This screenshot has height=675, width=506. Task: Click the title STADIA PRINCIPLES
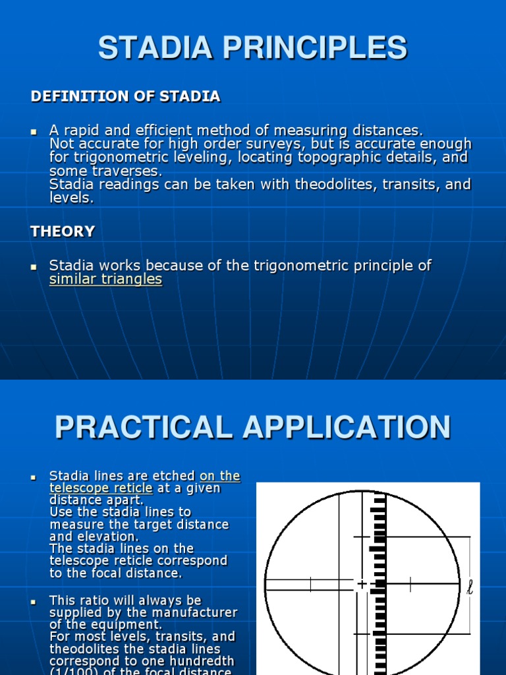(253, 49)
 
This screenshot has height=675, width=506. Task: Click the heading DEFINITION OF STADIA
(125, 97)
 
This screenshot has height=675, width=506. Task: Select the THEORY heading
(63, 231)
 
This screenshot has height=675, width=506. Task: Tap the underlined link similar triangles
(105, 279)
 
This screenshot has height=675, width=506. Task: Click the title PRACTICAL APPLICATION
(253, 427)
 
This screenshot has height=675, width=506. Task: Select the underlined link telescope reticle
(101, 488)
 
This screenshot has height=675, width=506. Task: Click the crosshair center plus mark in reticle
(362, 584)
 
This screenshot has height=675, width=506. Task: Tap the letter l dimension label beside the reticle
(470, 587)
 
